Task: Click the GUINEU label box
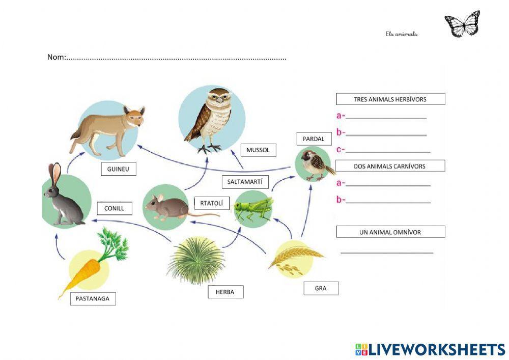click(x=119, y=169)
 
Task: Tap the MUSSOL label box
click(x=258, y=150)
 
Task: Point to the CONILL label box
click(x=114, y=208)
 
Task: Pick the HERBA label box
click(x=225, y=292)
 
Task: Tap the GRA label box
click(x=321, y=288)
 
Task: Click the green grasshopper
click(x=253, y=208)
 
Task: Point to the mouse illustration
click(x=168, y=207)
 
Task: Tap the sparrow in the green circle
click(x=315, y=164)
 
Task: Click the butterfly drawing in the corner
click(x=462, y=24)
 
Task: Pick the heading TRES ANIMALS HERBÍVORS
click(x=390, y=99)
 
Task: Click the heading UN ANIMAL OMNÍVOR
click(x=390, y=232)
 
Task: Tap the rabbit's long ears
click(x=54, y=173)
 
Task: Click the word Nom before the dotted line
click(x=56, y=57)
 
